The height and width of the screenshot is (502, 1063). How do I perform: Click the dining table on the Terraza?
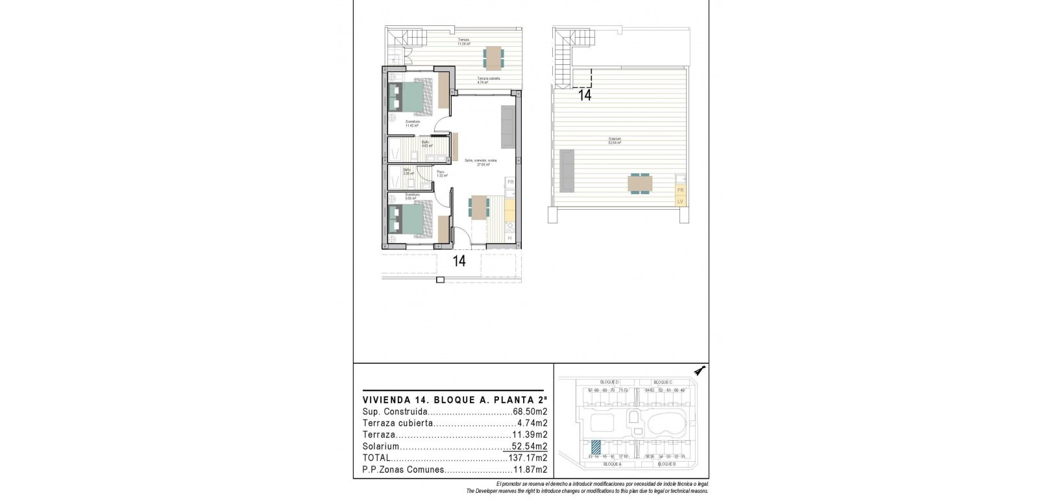[493, 58]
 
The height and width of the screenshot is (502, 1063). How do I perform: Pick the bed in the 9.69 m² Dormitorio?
[414, 217]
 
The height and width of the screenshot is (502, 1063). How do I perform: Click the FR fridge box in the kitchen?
[511, 182]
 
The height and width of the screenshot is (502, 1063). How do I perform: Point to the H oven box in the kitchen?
[510, 238]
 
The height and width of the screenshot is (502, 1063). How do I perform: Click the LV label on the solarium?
[681, 201]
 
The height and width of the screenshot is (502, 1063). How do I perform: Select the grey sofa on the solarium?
[567, 170]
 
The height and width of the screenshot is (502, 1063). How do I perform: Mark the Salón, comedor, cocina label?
[480, 162]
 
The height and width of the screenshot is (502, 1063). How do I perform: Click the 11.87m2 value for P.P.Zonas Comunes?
[531, 470]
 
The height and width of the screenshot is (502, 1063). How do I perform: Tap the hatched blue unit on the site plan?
[596, 447]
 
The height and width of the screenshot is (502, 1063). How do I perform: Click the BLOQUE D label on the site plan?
[608, 382]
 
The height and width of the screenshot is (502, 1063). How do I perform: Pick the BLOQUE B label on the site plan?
[666, 464]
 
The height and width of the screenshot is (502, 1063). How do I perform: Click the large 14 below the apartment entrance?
[459, 262]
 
